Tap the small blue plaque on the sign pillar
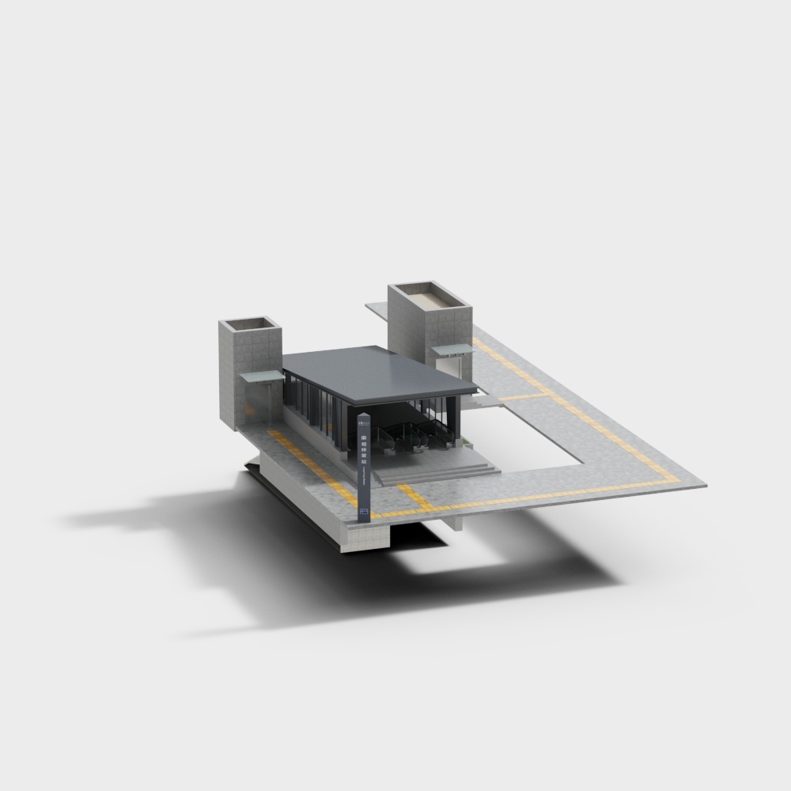364,512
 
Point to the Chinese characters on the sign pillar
364,451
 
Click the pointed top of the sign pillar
363,414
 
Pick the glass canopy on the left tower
262,377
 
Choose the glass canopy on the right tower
452,349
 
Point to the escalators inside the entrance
411,435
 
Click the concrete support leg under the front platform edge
458,522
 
